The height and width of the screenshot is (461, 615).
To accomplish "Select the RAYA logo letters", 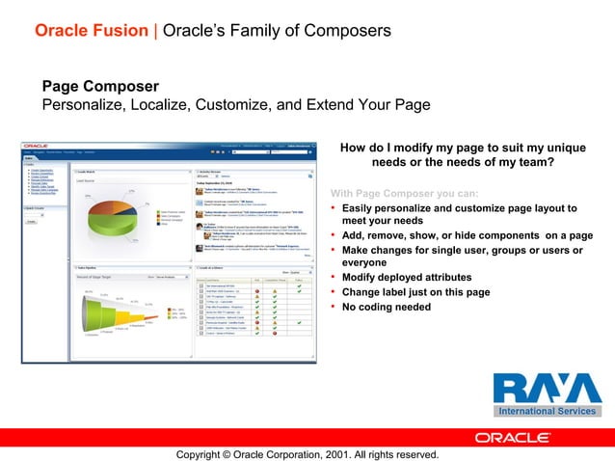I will [547, 389].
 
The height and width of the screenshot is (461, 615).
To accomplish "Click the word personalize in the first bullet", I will [411, 208].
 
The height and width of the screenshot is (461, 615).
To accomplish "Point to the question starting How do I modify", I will [463, 154].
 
